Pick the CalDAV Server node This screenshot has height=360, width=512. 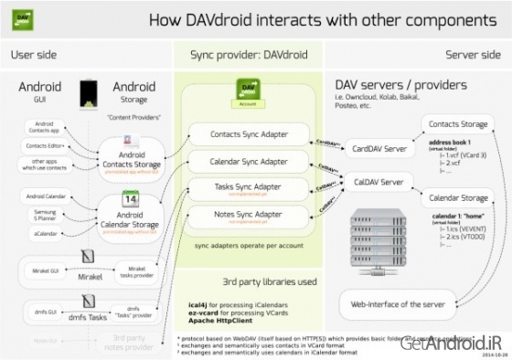point(377,182)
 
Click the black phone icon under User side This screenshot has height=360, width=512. point(90,91)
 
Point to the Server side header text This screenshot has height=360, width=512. point(476,54)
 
